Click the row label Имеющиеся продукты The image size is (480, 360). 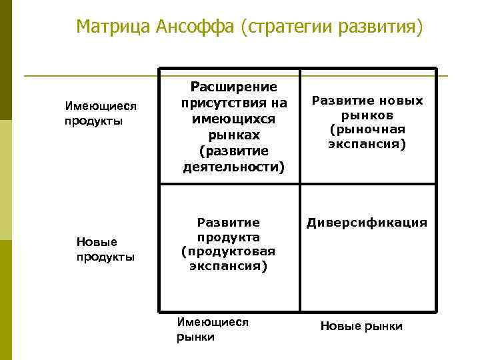[100, 113]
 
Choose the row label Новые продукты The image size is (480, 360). [105, 249]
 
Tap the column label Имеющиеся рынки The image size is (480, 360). [212, 329]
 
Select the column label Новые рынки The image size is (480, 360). [361, 326]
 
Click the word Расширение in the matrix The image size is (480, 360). [233, 87]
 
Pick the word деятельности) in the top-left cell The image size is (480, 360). [233, 167]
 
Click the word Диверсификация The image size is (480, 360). [367, 223]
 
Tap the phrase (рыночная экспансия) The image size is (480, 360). [367, 136]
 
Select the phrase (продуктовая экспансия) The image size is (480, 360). [228, 259]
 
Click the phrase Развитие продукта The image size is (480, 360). [228, 229]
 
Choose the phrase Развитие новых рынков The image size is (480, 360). [367, 108]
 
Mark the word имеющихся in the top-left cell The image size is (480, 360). [233, 119]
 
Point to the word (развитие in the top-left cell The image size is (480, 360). [233, 151]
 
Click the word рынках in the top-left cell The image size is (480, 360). [233, 135]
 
